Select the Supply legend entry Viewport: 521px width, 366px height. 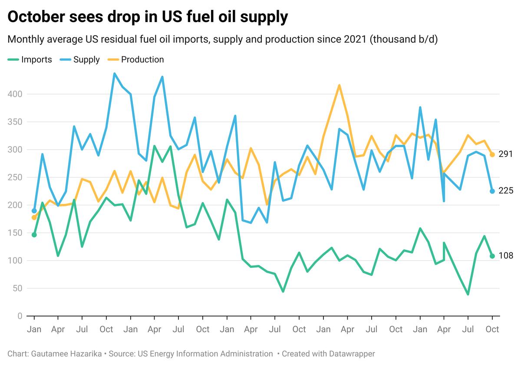86,60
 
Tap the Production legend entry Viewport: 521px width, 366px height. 142,60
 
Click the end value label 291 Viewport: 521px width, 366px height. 506,154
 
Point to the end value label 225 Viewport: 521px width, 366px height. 506,191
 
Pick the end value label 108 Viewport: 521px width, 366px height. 506,256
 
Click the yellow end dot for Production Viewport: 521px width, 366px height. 492,154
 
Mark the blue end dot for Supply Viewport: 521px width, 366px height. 492,191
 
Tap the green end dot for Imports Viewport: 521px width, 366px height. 492,256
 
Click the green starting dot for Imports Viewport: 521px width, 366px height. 34,235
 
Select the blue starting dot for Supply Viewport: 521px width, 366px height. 34,211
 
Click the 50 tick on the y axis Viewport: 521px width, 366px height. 18,288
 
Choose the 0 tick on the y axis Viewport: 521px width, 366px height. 20,316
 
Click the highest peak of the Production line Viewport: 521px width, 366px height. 339,85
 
